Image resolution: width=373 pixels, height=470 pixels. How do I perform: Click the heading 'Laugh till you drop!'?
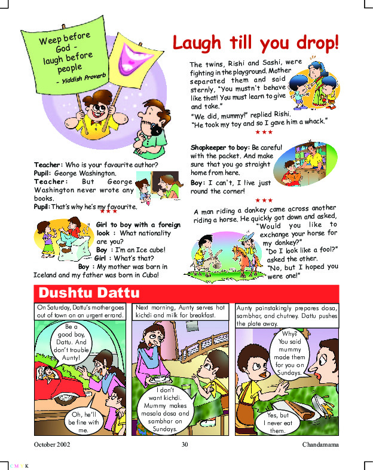(x=256, y=43)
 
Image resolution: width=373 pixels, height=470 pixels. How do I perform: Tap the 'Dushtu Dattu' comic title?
(x=88, y=293)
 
